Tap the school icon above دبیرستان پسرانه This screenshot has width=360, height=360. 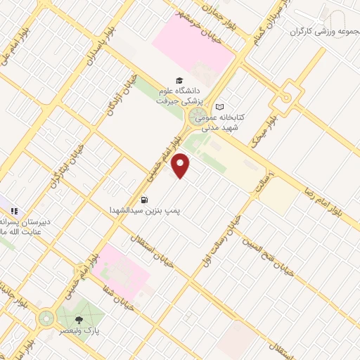14,210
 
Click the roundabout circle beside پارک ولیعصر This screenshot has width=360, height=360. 47,320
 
